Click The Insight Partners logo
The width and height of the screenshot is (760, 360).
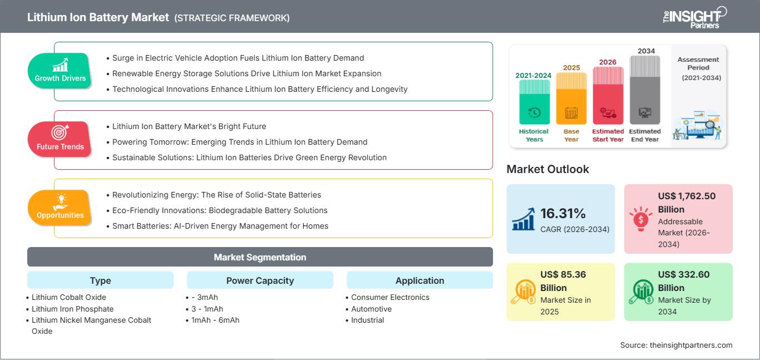click(x=695, y=17)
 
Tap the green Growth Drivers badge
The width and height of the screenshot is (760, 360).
click(x=60, y=71)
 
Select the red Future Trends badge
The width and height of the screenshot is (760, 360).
click(x=60, y=139)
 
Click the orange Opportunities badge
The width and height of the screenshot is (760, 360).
click(x=60, y=208)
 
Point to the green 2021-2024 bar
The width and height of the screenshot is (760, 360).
click(x=534, y=102)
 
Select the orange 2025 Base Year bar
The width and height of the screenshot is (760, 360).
click(x=571, y=98)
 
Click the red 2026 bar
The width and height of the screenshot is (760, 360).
click(x=608, y=95)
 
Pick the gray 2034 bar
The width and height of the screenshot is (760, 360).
click(x=645, y=90)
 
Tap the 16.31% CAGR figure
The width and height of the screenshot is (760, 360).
click(x=563, y=214)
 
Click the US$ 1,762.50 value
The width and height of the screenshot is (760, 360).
click(x=687, y=203)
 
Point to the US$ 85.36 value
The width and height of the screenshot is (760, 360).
click(x=563, y=281)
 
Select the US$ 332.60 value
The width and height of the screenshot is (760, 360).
click(x=684, y=281)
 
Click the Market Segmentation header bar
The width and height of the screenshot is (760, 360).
click(x=260, y=257)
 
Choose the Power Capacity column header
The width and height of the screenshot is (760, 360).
click(x=260, y=280)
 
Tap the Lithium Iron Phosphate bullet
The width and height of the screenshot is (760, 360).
click(x=73, y=309)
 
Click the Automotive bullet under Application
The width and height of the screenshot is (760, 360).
click(x=371, y=309)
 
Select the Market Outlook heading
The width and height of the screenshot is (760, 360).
click(x=547, y=169)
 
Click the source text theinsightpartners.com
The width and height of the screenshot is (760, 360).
click(x=691, y=345)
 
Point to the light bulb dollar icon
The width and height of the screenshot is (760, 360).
click(x=640, y=219)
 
